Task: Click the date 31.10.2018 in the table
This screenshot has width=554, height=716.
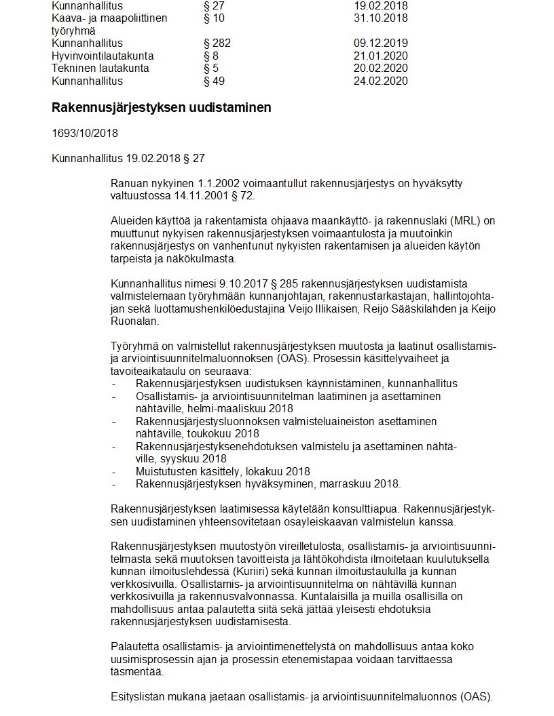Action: point(380,18)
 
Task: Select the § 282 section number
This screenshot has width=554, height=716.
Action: point(217,43)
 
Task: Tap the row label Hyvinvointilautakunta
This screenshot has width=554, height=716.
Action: point(103,56)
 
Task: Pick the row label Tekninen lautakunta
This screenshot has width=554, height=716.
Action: point(100,68)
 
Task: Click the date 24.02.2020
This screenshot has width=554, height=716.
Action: point(380,81)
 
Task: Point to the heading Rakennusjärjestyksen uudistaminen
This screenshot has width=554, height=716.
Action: point(162,108)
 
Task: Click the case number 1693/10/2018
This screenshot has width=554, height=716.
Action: point(85,134)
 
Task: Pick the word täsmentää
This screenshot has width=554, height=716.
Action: point(136,671)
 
